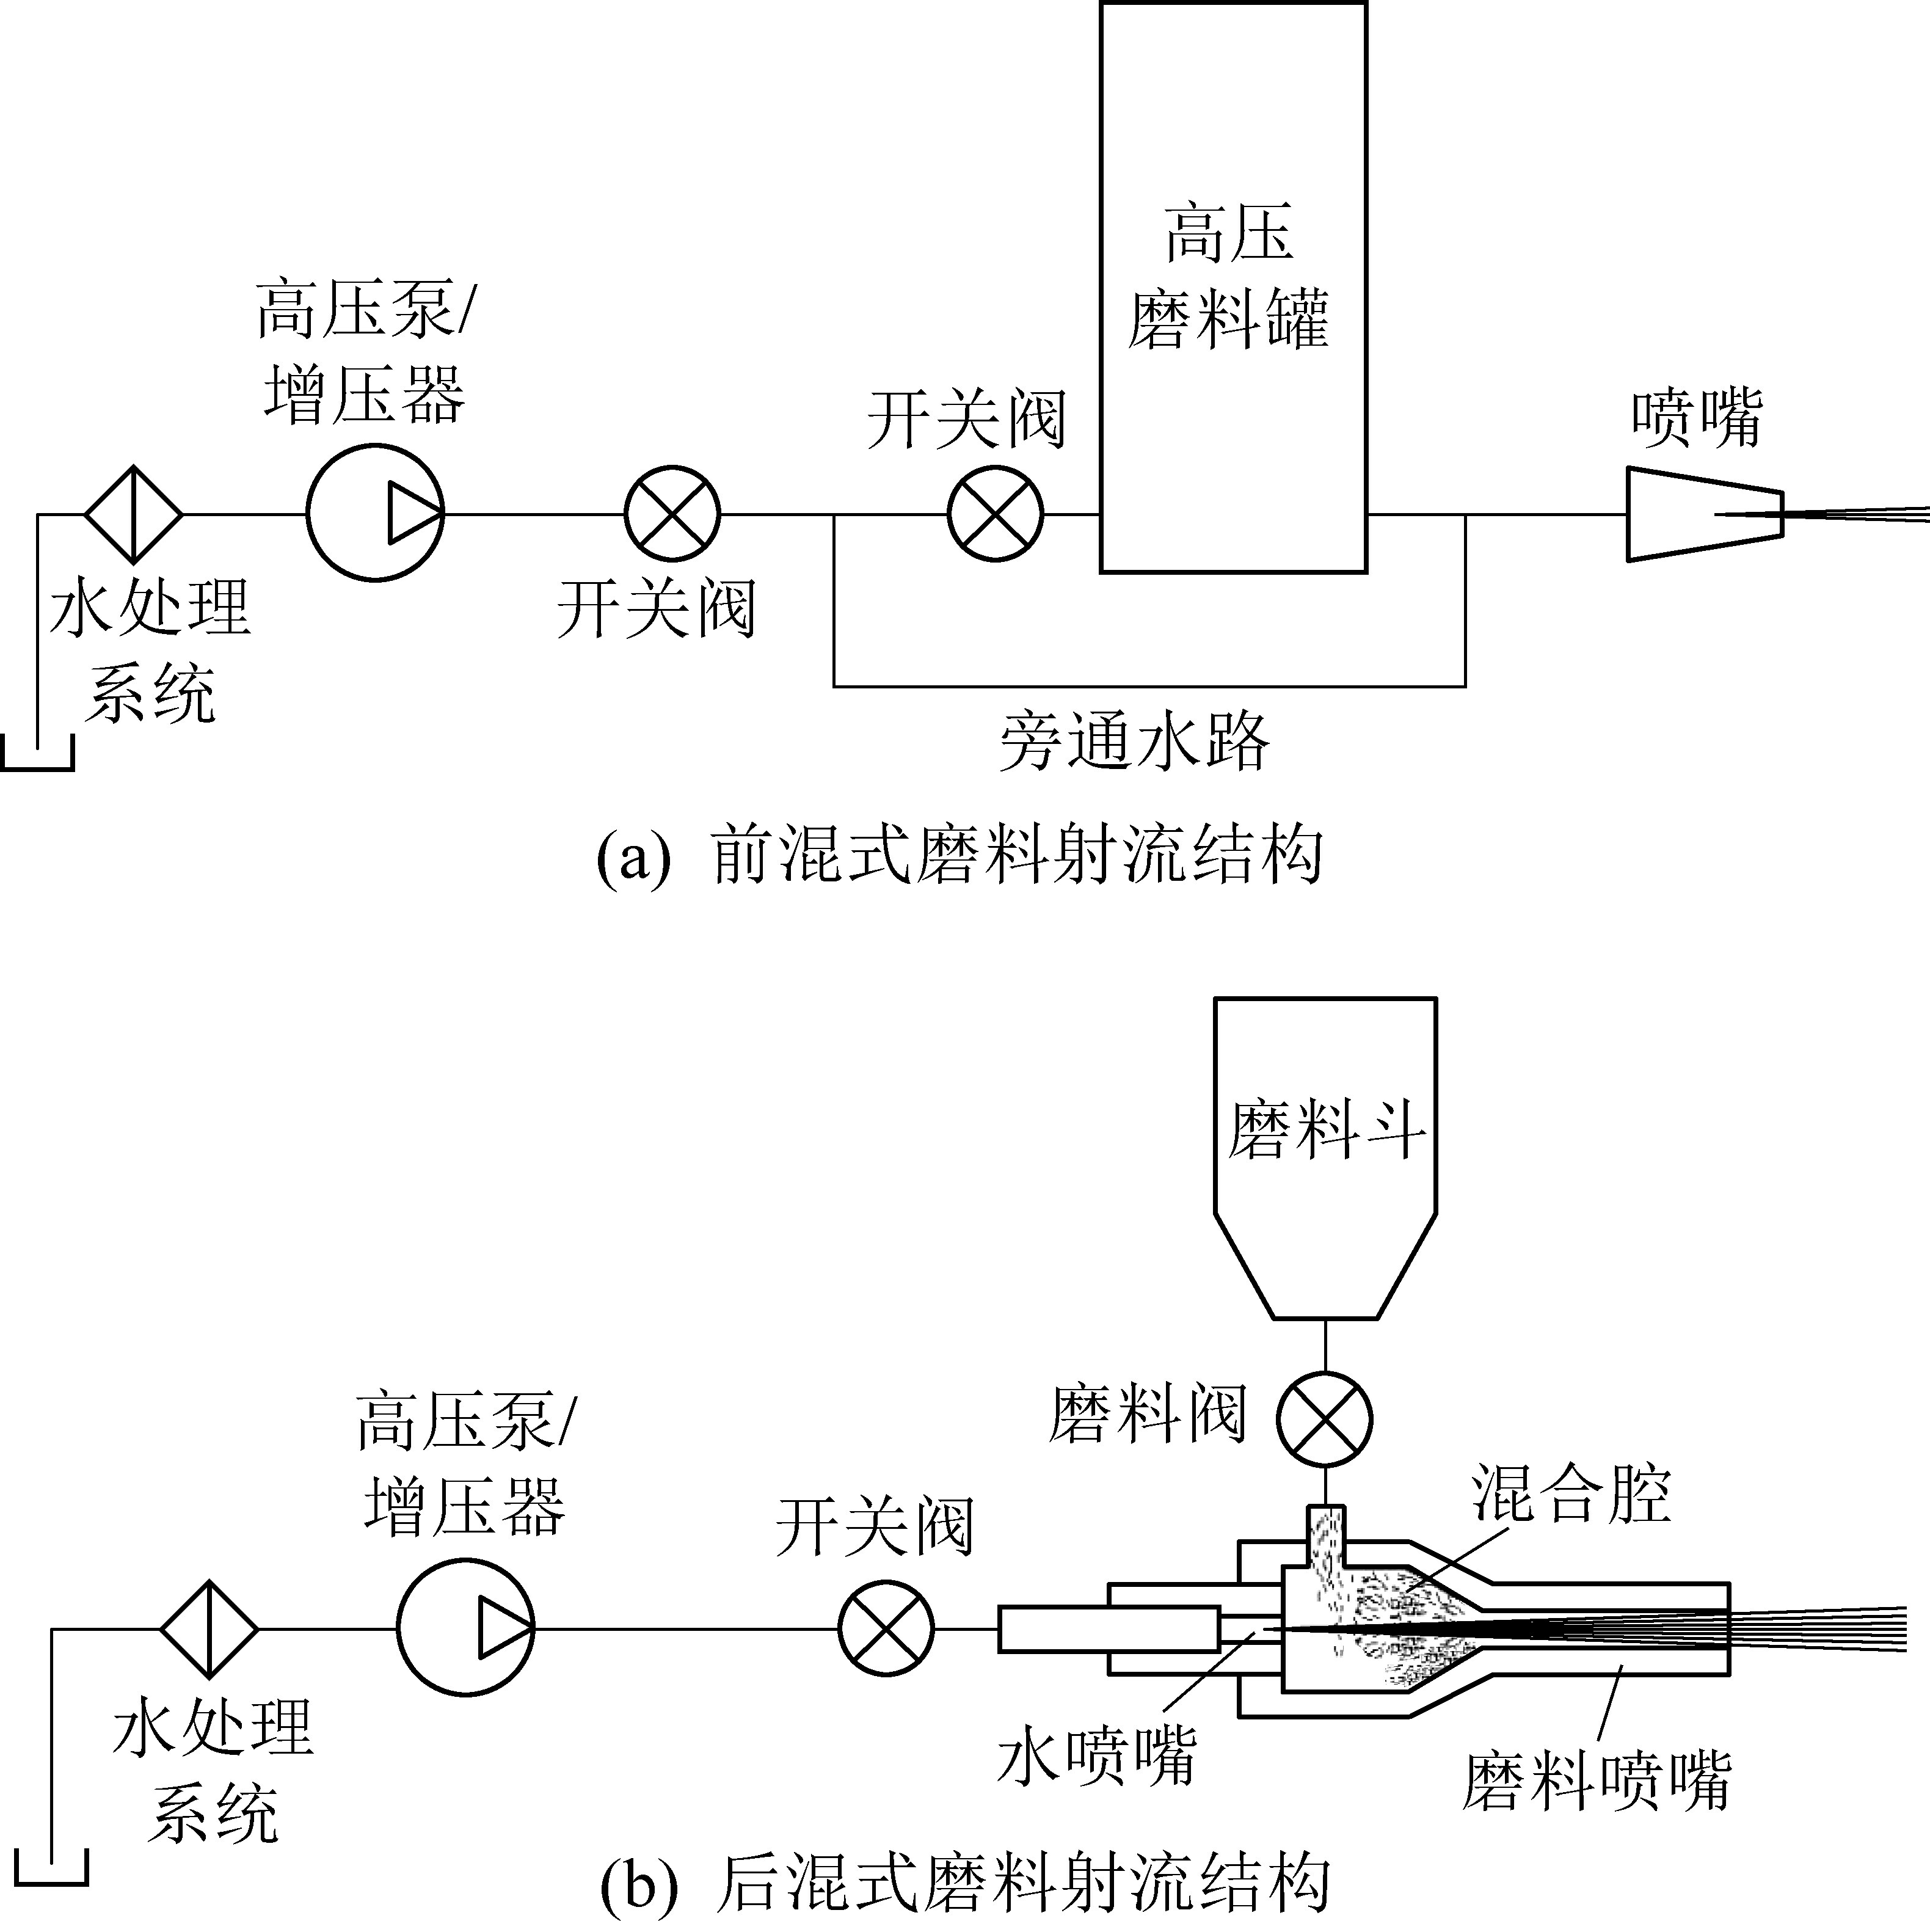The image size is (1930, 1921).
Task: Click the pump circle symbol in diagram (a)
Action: click(374, 514)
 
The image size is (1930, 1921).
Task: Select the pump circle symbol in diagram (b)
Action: click(465, 1628)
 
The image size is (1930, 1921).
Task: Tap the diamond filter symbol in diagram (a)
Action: click(133, 514)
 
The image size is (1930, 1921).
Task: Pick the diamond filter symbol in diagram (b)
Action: click(209, 1628)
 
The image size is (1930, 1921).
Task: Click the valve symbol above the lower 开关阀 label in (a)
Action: click(672, 514)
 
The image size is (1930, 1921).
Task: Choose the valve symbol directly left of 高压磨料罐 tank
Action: click(995, 514)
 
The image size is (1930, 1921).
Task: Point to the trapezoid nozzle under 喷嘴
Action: click(1704, 514)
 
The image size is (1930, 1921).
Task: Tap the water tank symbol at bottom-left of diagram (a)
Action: click(38, 754)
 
